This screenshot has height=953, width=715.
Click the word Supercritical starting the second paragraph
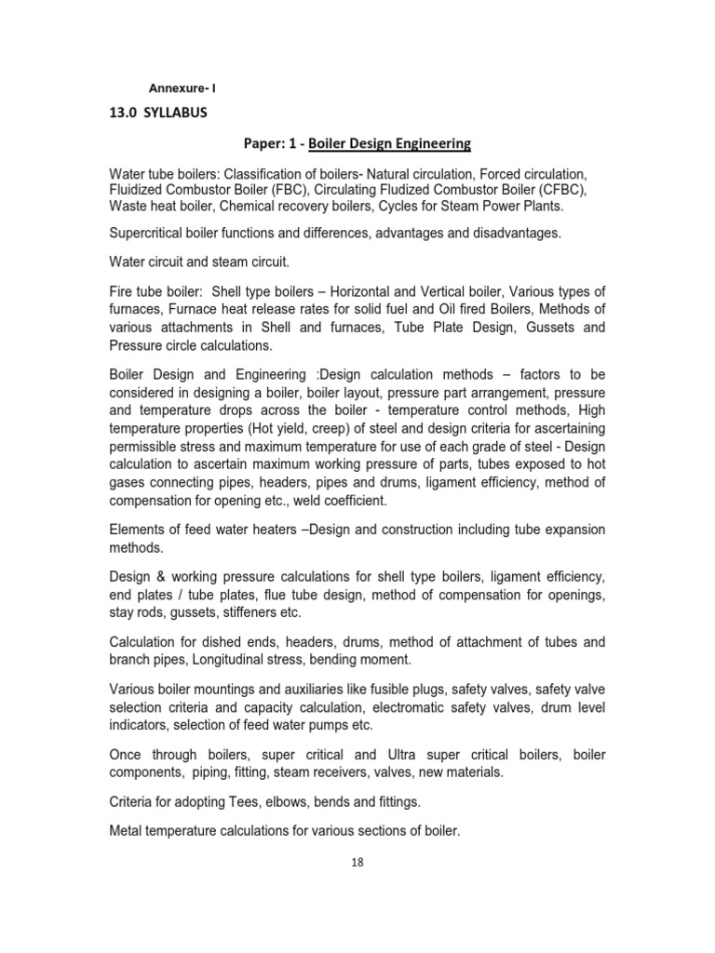click(x=154, y=233)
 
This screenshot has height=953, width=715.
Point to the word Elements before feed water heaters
click(x=140, y=529)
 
